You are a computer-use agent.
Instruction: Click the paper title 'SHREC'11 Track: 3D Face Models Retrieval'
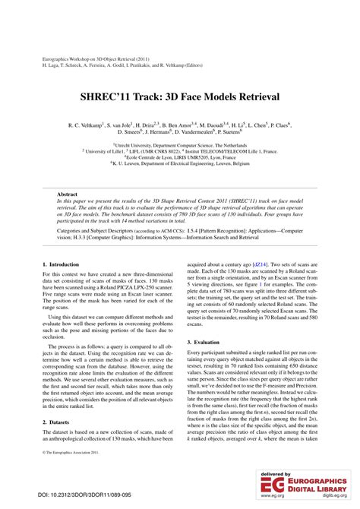click(x=179, y=97)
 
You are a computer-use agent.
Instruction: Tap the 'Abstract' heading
click(x=68, y=194)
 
